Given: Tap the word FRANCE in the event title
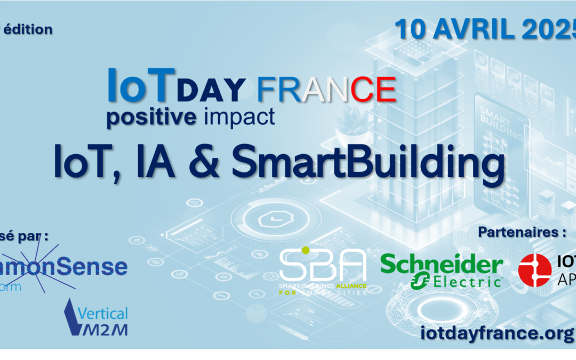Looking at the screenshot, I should (x=326, y=89).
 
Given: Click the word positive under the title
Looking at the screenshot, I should (x=151, y=116).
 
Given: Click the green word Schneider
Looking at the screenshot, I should (x=442, y=264).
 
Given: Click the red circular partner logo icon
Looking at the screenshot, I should (x=534, y=268).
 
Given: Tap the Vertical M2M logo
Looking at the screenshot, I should (x=97, y=318).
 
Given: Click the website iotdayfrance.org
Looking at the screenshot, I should (x=497, y=333).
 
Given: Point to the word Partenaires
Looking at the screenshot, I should (x=515, y=232).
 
